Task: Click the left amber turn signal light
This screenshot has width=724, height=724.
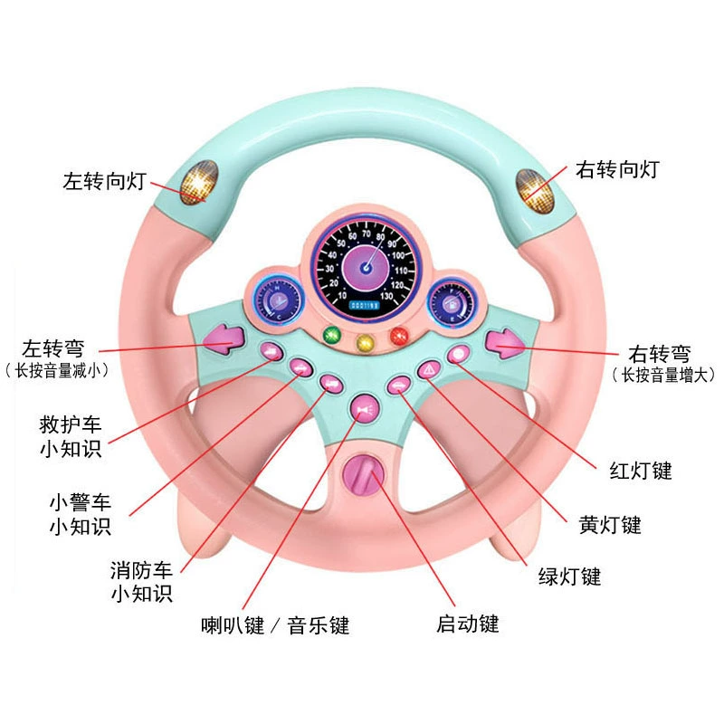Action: tap(199, 183)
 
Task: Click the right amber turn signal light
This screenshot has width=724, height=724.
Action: tap(534, 191)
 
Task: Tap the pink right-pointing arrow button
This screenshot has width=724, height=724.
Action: tap(505, 344)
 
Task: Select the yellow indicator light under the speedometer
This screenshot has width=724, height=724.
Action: tap(366, 344)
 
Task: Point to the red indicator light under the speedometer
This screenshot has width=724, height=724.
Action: tap(399, 336)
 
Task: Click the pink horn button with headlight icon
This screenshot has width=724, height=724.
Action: tap(366, 409)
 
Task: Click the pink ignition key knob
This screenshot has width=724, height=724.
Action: tap(364, 474)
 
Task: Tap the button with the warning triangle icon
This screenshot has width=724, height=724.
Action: tap(429, 369)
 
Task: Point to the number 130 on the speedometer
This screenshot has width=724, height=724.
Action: tap(386, 296)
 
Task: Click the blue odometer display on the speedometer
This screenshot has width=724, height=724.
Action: tap(365, 306)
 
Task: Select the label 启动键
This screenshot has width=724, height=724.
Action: tap(468, 624)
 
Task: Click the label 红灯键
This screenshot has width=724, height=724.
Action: tap(641, 471)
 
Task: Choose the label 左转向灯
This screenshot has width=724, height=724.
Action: tap(104, 181)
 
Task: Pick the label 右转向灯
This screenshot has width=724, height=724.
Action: tap(617, 169)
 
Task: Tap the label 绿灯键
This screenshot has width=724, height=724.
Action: tap(570, 576)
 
